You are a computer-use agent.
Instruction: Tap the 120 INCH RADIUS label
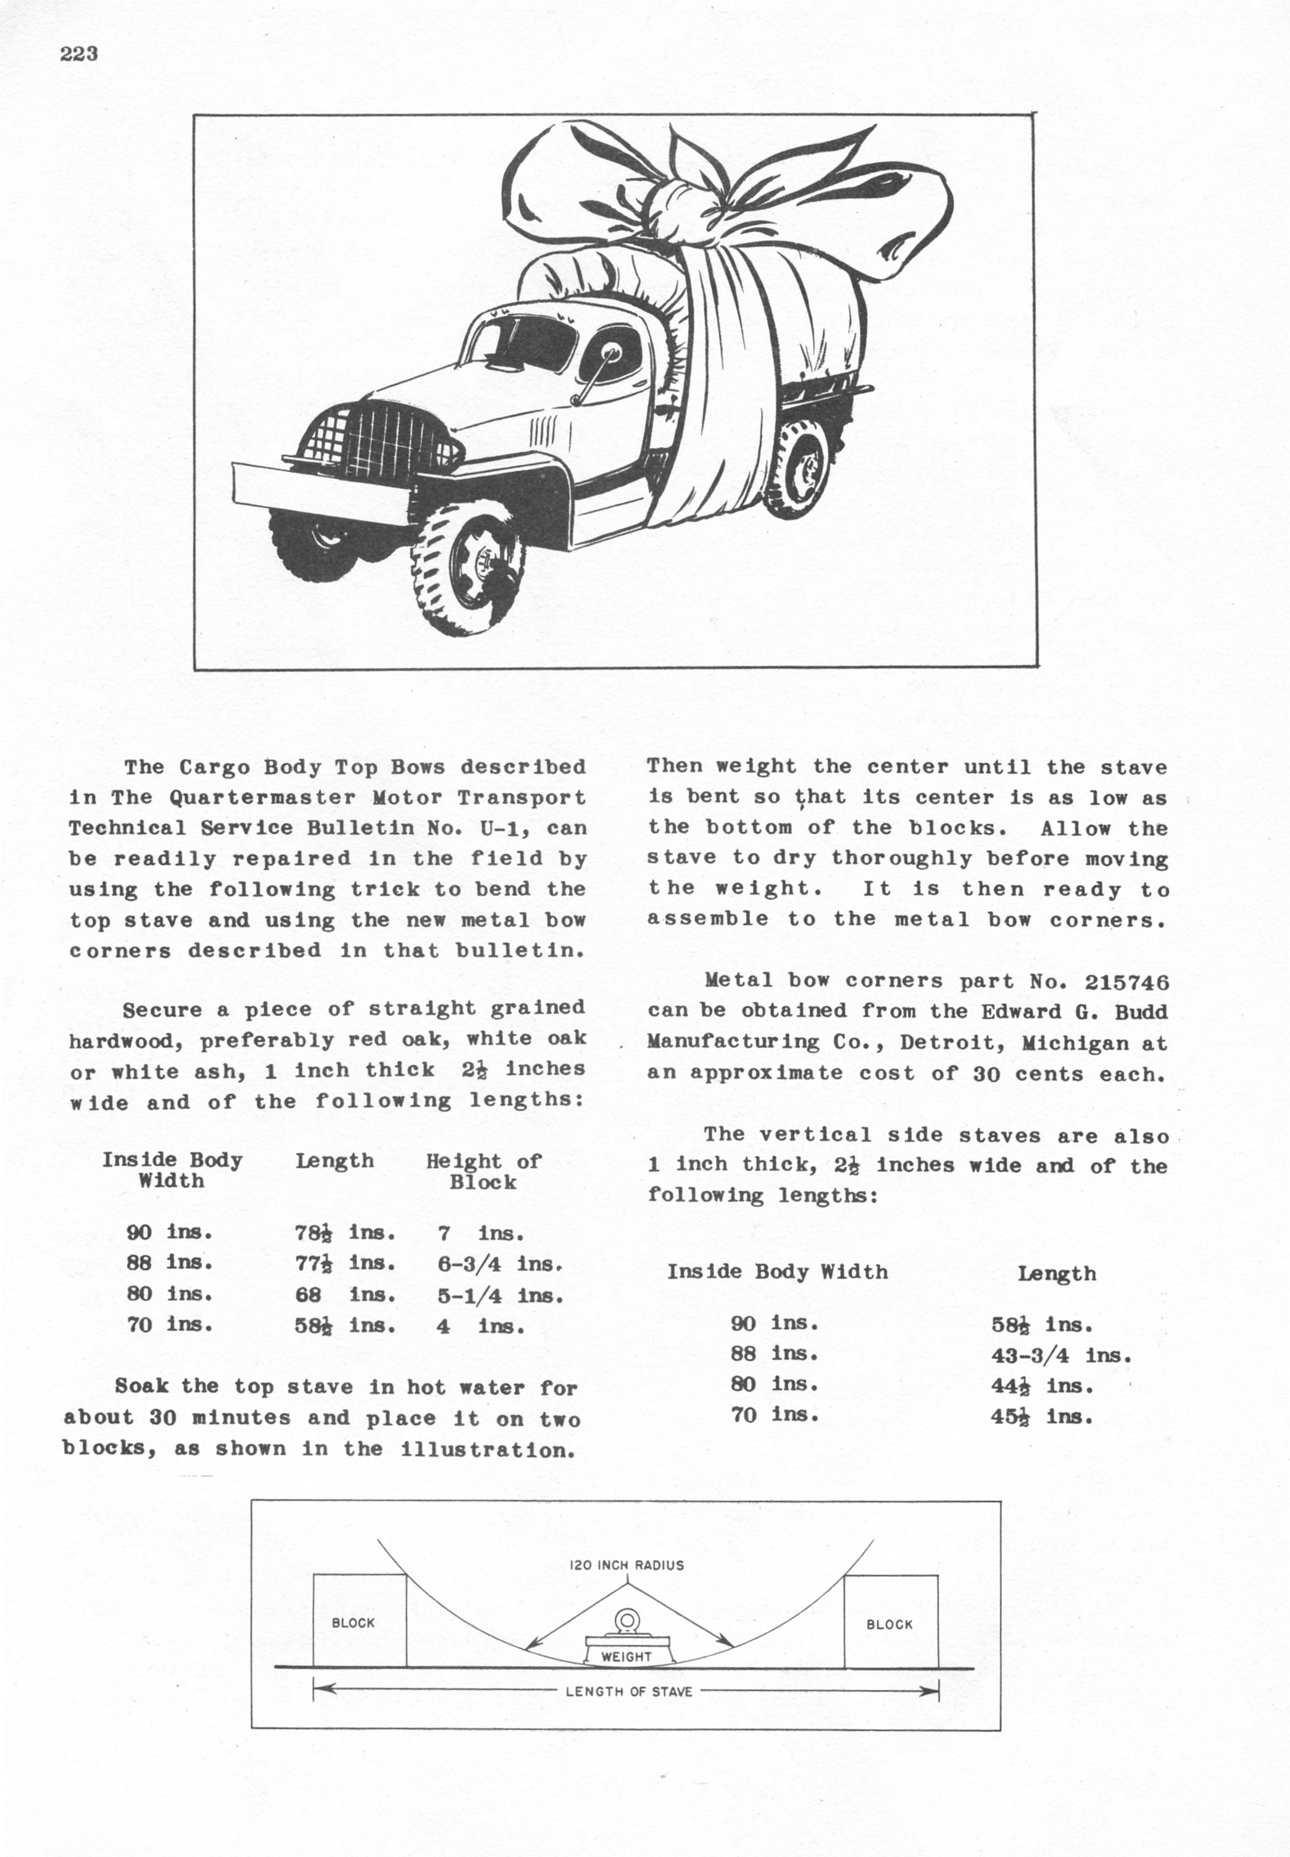coord(626,1565)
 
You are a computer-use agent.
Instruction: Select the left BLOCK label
coord(353,1622)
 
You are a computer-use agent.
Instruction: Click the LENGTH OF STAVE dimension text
coord(629,1692)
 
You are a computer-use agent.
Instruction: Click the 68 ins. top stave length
coord(345,1295)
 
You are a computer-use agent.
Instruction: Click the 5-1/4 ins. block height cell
coord(499,1296)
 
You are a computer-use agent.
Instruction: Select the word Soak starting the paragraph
coord(141,1387)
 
